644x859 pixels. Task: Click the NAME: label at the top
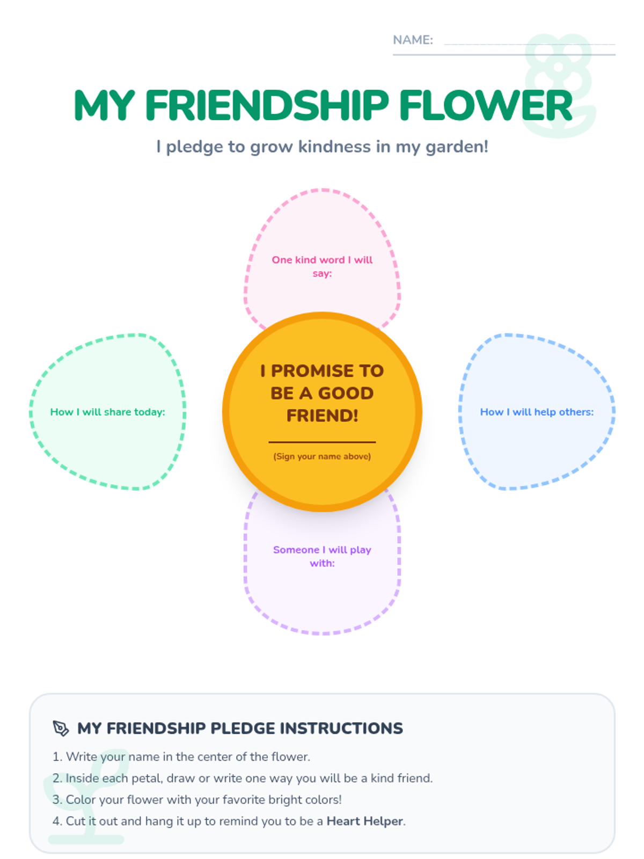click(x=412, y=40)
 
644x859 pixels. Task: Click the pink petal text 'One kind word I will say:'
click(x=322, y=266)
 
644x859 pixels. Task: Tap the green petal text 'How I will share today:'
click(x=107, y=412)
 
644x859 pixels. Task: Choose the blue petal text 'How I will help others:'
click(x=537, y=412)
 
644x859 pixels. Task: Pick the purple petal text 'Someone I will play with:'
click(x=322, y=556)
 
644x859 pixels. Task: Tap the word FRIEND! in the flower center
click(x=322, y=416)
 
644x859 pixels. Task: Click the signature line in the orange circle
click(x=322, y=442)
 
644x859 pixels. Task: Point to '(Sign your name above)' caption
click(x=322, y=456)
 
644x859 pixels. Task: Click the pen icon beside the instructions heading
click(x=61, y=728)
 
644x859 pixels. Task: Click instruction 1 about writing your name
click(x=181, y=756)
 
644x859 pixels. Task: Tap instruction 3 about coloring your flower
click(x=197, y=799)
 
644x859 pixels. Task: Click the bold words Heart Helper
click(x=364, y=821)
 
